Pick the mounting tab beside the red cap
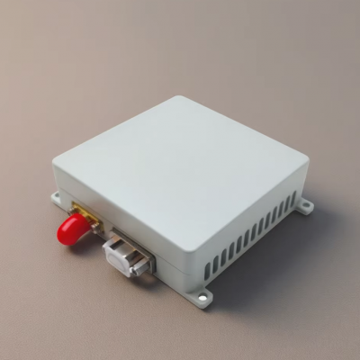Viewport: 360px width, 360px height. (x=58, y=197)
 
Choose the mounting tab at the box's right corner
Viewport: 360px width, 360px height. (x=305, y=207)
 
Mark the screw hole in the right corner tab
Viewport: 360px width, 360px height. (x=307, y=208)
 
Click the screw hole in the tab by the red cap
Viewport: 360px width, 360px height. (x=57, y=197)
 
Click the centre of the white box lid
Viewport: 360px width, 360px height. (x=180, y=171)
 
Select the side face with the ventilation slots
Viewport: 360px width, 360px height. (x=252, y=234)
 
